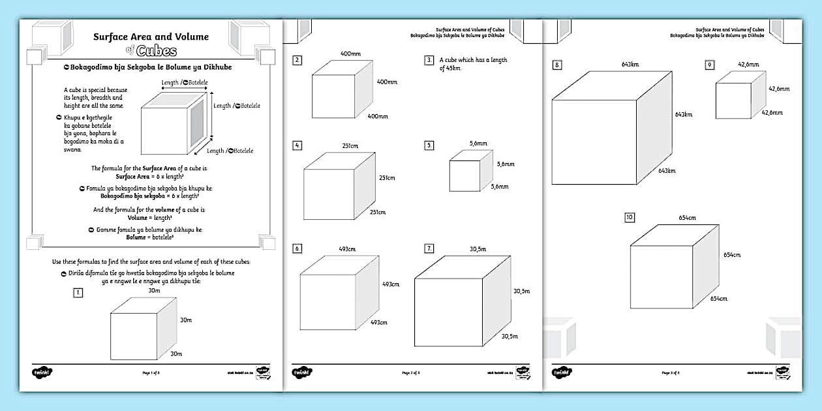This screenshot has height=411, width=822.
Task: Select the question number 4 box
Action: click(x=297, y=145)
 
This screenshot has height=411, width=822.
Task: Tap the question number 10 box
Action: click(x=629, y=217)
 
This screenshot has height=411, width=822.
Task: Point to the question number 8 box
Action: click(x=557, y=65)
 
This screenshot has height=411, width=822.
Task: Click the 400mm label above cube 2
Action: click(x=350, y=53)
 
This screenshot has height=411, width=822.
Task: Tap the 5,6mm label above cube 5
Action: click(x=479, y=143)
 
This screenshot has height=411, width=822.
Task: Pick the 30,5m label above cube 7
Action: click(x=478, y=249)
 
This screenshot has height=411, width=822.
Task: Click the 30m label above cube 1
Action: click(x=154, y=291)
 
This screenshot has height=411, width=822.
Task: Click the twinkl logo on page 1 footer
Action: click(x=42, y=372)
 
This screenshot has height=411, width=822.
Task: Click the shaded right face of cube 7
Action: click(x=496, y=300)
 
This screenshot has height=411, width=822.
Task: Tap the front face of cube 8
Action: click(x=594, y=142)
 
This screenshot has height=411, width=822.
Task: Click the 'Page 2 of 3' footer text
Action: click(x=411, y=373)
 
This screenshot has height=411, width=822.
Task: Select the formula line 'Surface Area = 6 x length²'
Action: click(x=149, y=176)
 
